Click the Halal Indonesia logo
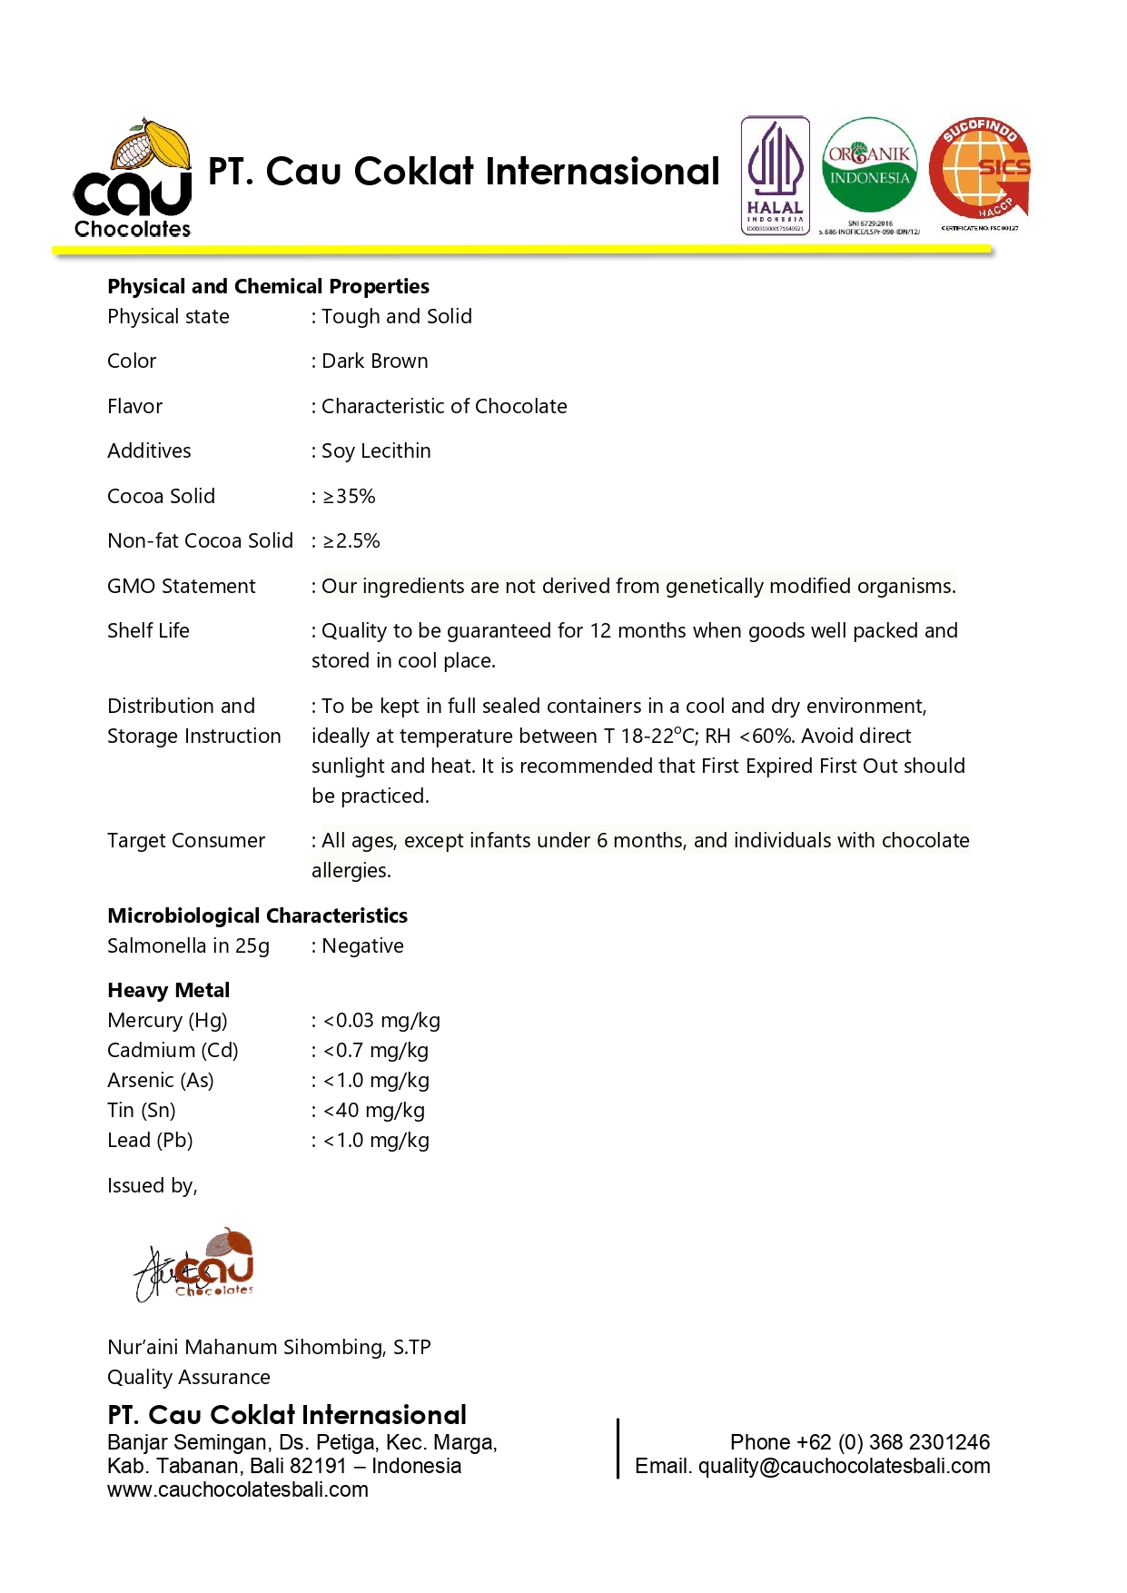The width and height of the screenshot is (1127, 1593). (x=775, y=175)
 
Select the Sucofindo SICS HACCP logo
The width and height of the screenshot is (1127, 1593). (x=980, y=170)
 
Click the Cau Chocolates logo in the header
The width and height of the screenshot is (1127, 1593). (x=133, y=179)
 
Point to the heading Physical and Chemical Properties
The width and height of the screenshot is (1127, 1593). (x=268, y=287)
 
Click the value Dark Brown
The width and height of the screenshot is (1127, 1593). (x=374, y=361)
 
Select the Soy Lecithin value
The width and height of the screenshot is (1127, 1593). (x=376, y=451)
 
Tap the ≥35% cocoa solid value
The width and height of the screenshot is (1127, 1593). (x=349, y=497)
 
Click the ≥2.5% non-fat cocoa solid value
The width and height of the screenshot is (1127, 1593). (x=351, y=541)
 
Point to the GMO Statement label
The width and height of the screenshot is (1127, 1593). (x=182, y=587)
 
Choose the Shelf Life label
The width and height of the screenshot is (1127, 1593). (x=148, y=631)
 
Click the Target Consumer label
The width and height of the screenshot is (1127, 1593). (x=186, y=841)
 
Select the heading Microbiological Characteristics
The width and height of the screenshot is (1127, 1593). (x=257, y=915)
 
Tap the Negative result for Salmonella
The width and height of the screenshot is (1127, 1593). (x=362, y=946)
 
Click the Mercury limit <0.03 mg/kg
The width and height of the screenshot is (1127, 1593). (x=381, y=1021)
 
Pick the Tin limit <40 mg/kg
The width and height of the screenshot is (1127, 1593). (x=373, y=1111)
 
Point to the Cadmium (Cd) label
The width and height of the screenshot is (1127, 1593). (x=173, y=1051)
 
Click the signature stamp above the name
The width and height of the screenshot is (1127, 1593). (x=195, y=1264)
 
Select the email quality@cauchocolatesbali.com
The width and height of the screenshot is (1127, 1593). (x=844, y=1466)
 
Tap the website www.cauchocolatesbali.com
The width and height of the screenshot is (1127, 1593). (x=238, y=1489)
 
